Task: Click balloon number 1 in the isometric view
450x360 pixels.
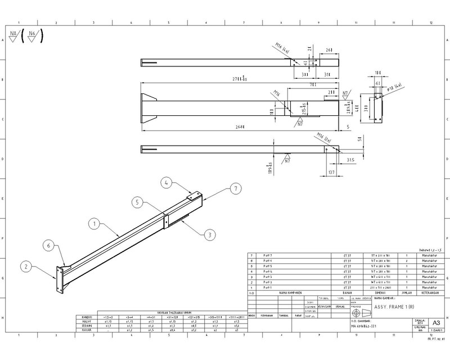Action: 95,223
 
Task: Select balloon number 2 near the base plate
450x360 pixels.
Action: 25,265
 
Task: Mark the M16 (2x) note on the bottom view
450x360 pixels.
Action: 322,136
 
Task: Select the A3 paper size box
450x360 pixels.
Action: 435,322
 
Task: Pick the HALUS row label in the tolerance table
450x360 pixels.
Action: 88,321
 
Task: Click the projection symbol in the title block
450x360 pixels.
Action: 355,313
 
